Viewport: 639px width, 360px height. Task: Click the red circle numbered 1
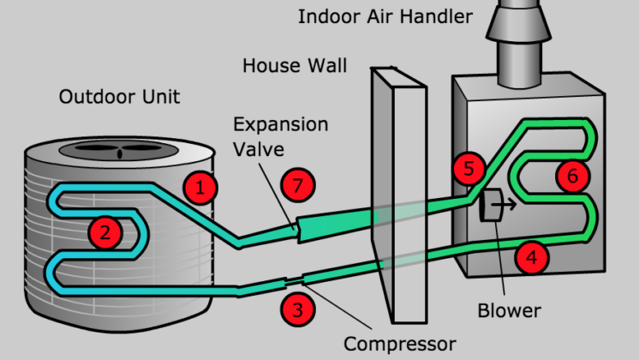click(x=200, y=188)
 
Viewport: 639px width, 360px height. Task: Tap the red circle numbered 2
click(x=105, y=231)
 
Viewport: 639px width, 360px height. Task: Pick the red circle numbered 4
click(x=532, y=255)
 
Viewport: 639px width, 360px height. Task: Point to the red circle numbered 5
click(x=468, y=168)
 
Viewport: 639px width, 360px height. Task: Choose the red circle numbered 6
click(x=572, y=175)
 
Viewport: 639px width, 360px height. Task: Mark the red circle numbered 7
click(x=297, y=184)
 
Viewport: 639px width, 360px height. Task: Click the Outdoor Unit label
click(x=119, y=96)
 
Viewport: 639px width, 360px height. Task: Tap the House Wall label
click(x=293, y=66)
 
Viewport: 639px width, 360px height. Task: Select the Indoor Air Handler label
click(x=385, y=16)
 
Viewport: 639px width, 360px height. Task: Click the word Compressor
click(x=399, y=344)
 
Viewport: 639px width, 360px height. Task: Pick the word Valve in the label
click(x=255, y=149)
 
